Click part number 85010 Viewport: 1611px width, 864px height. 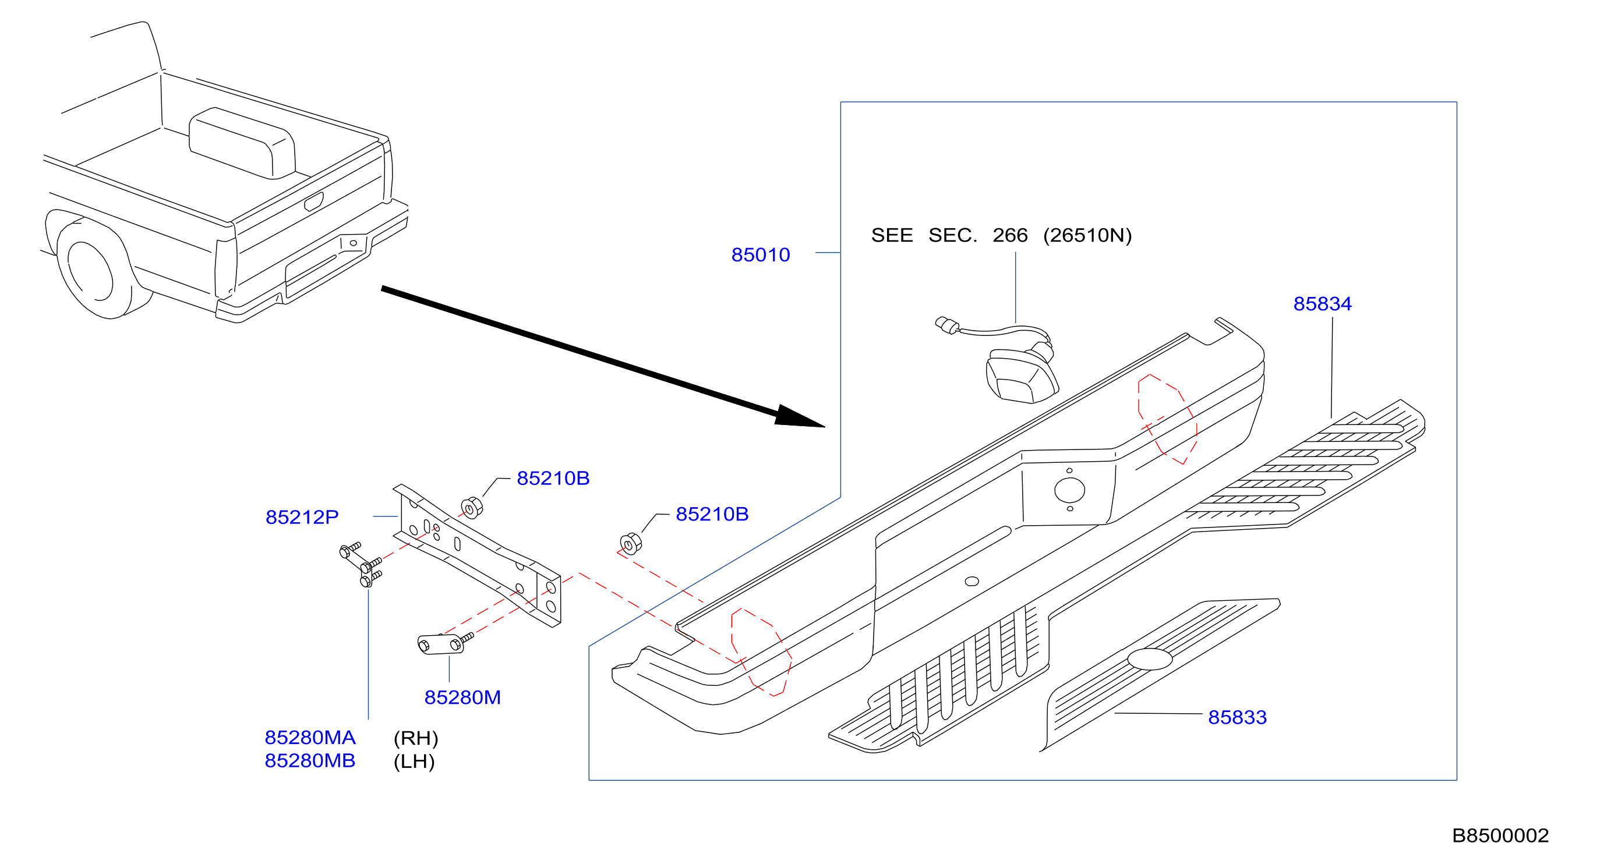click(761, 255)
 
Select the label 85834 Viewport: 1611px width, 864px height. click(1322, 304)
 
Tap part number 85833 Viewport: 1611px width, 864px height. click(1237, 717)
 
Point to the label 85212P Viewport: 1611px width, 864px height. click(302, 517)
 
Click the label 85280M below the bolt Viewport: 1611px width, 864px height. click(463, 697)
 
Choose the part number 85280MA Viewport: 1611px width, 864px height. click(310, 738)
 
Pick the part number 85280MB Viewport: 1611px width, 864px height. click(310, 761)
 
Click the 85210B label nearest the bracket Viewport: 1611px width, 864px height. click(553, 478)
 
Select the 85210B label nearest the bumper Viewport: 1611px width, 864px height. click(712, 514)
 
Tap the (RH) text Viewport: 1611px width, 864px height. click(416, 738)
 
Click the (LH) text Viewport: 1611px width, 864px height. click(414, 762)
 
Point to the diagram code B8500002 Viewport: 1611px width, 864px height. click(1500, 835)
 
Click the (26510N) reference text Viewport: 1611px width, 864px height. click(1087, 235)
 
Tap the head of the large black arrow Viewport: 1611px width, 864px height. click(800, 417)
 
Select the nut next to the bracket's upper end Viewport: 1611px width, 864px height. click(472, 507)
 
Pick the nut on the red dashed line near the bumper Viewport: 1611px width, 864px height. click(630, 543)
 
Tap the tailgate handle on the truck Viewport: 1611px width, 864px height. click(314, 202)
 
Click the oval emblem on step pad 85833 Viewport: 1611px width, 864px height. click(1150, 659)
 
